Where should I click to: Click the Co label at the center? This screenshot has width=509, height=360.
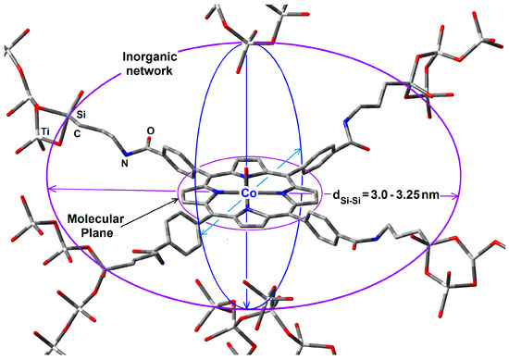[x=247, y=192]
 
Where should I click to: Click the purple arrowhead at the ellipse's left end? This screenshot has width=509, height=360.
[x=51, y=192]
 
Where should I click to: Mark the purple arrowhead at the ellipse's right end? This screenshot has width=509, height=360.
[x=455, y=195]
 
